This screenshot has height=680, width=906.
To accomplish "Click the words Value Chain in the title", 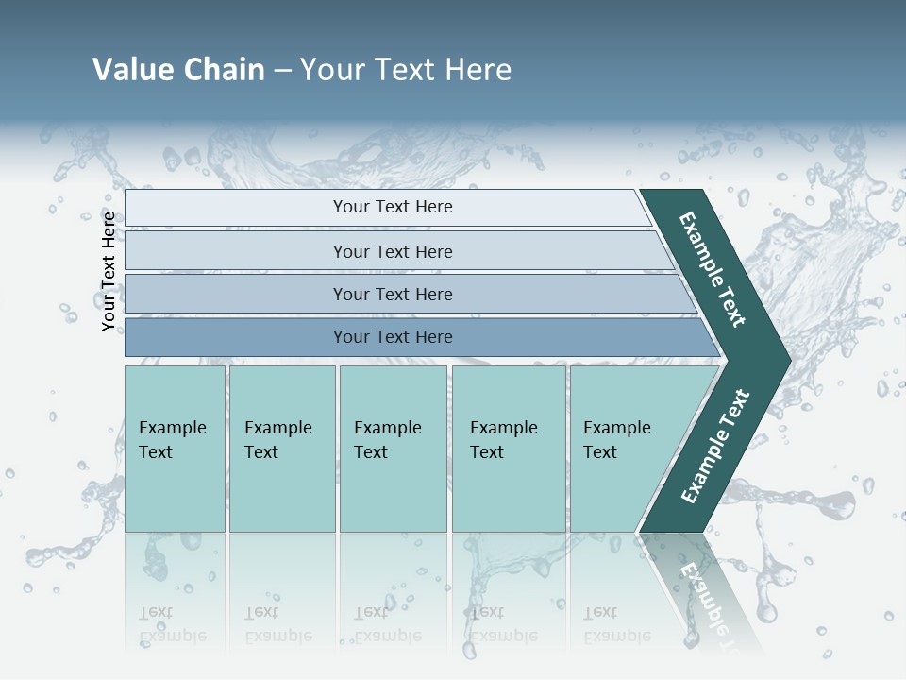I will tap(178, 69).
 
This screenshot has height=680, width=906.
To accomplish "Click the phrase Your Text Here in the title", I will tap(406, 69).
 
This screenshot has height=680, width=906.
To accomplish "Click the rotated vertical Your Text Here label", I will tap(109, 271).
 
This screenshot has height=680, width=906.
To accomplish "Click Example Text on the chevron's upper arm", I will tap(713, 269).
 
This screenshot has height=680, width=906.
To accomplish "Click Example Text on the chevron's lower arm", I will tap(715, 447).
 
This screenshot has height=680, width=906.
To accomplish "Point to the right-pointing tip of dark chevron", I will tap(785, 361).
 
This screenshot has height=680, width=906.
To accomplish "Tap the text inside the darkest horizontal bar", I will tap(393, 337).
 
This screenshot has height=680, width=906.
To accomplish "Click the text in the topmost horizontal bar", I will tap(393, 207).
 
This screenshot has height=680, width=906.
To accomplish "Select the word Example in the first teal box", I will tap(172, 428).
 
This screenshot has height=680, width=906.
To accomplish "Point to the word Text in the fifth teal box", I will tap(599, 452).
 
